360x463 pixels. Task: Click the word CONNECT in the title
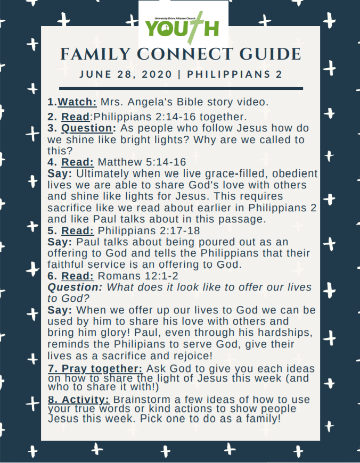pos(181,54)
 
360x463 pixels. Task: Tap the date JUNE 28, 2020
pos(126,74)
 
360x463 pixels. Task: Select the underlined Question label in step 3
pos(88,129)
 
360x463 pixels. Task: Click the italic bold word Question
pos(75,287)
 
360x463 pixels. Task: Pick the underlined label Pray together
pos(95,369)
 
